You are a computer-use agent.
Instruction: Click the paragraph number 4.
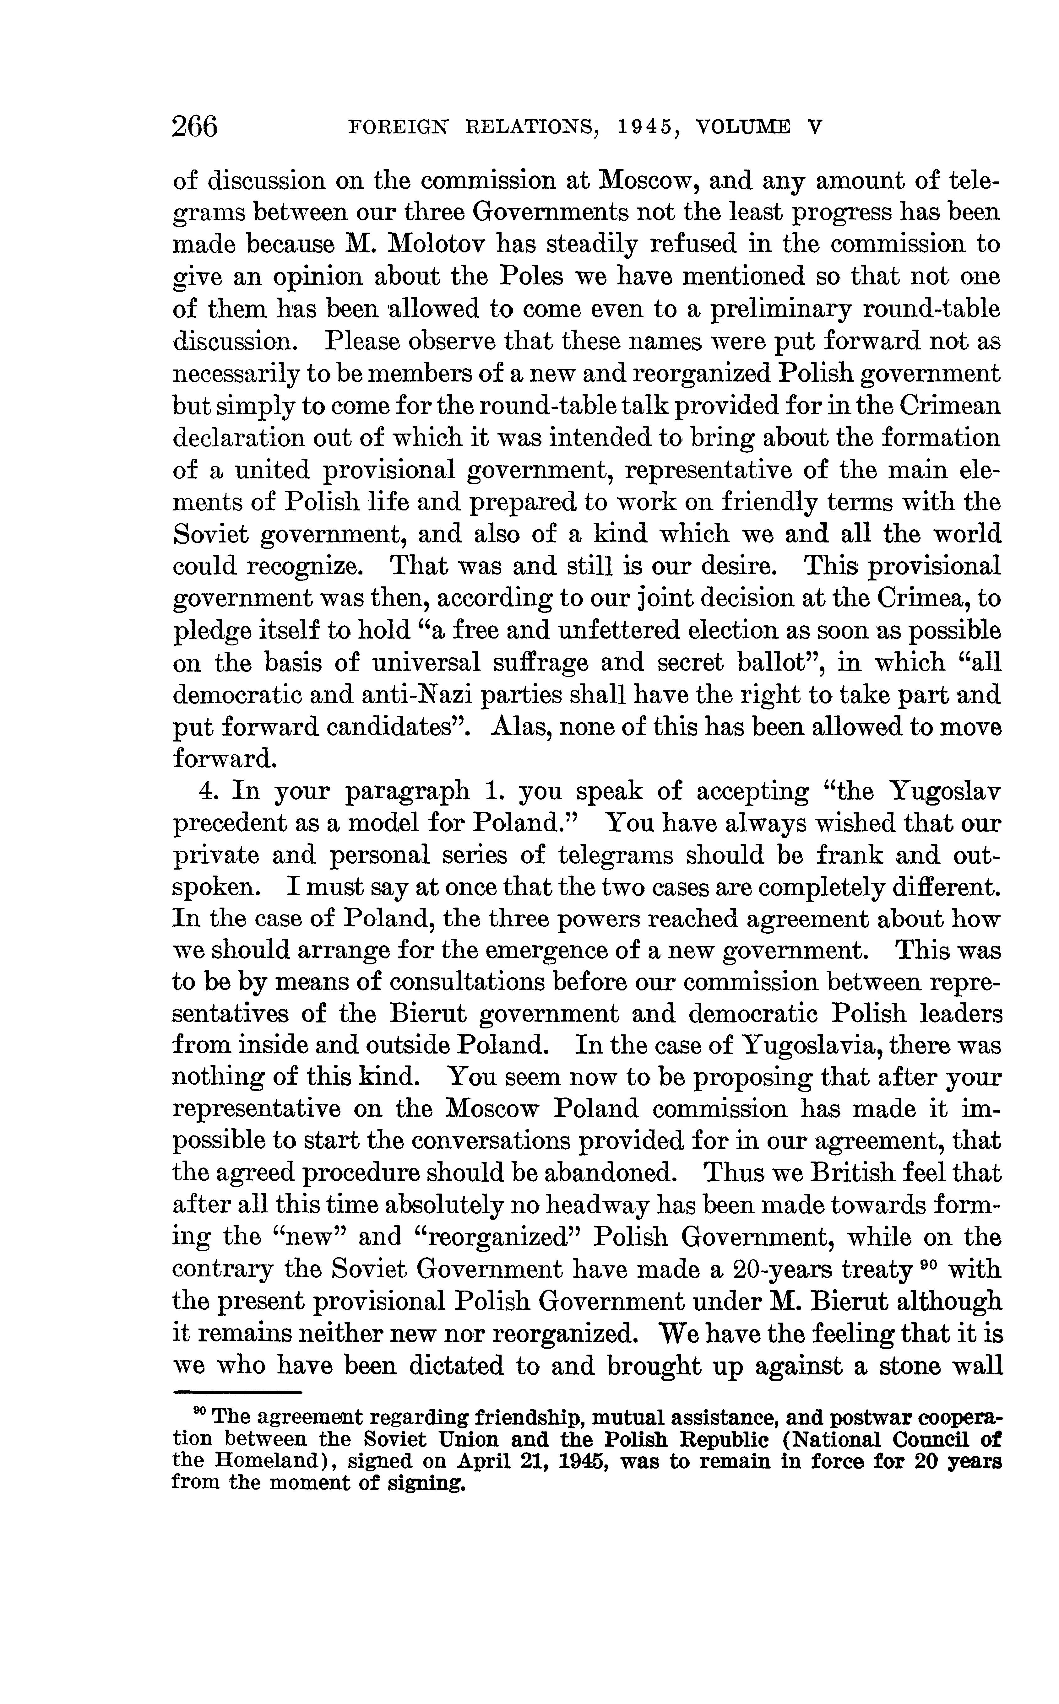[x=207, y=791]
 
